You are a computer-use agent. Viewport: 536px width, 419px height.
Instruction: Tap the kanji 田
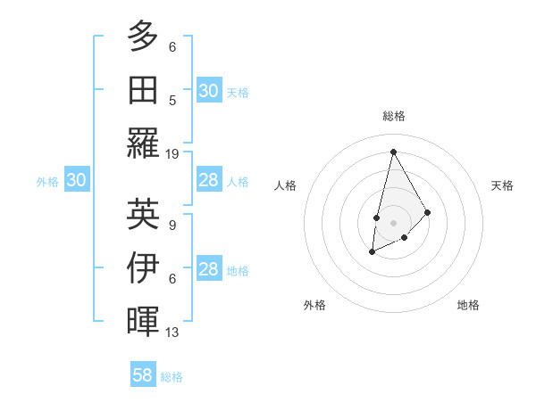pos(143,89)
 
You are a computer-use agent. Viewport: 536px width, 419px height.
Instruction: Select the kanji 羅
pos(143,143)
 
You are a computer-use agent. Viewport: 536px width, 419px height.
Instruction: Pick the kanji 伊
pos(143,267)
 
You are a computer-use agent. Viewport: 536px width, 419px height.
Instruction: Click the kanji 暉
pos(143,321)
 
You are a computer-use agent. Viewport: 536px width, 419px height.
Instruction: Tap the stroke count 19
pos(172,154)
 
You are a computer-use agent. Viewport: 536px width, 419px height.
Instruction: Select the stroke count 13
pos(172,333)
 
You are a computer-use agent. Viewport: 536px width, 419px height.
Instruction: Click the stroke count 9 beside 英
pos(172,226)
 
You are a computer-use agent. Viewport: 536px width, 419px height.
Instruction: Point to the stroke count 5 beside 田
pos(172,101)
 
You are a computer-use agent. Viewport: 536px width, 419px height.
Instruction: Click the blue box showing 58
pos(143,375)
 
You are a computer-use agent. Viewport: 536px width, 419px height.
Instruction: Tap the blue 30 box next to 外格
pos(76,180)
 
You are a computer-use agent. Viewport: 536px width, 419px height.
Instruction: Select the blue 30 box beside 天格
pos(208,90)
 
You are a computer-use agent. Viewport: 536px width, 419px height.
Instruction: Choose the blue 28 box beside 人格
pos(208,180)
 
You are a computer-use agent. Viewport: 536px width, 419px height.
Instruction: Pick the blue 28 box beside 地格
pos(208,270)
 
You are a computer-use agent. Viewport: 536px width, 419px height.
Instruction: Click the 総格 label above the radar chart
pos(393,116)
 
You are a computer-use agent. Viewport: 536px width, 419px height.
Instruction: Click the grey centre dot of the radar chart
pos(393,222)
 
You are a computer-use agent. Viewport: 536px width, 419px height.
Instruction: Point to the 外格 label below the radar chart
pos(314,305)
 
